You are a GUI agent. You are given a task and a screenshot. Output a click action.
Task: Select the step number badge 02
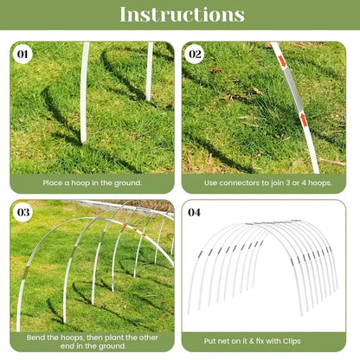tap(196, 54)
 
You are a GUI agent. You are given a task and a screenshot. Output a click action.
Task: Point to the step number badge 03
tap(24, 211)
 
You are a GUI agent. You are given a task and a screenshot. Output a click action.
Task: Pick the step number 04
tap(195, 211)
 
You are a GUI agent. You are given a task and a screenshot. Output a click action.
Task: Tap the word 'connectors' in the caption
tap(245, 183)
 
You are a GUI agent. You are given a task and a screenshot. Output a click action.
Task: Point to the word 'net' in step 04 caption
tap(235, 340)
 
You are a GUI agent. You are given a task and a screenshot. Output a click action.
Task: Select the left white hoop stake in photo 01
tap(84, 95)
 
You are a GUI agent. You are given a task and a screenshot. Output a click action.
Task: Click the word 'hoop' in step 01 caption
tap(81, 183)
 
